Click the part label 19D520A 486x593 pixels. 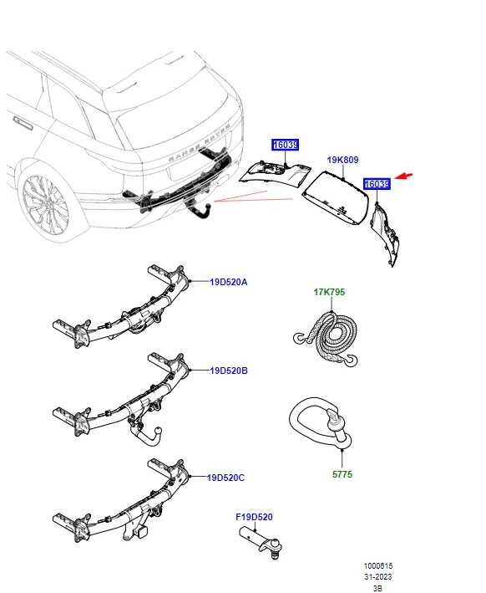pyautogui.click(x=228, y=282)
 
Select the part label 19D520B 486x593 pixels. pyautogui.click(x=228, y=370)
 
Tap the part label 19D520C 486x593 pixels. pyautogui.click(x=226, y=478)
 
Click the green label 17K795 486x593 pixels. pyautogui.click(x=329, y=292)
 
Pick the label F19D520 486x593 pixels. pyautogui.click(x=255, y=519)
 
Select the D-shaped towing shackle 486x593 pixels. pyautogui.click(x=317, y=422)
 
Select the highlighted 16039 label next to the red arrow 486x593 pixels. pyautogui.click(x=377, y=184)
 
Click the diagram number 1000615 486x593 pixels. pyautogui.click(x=377, y=566)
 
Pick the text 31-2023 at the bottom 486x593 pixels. pyautogui.click(x=377, y=577)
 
